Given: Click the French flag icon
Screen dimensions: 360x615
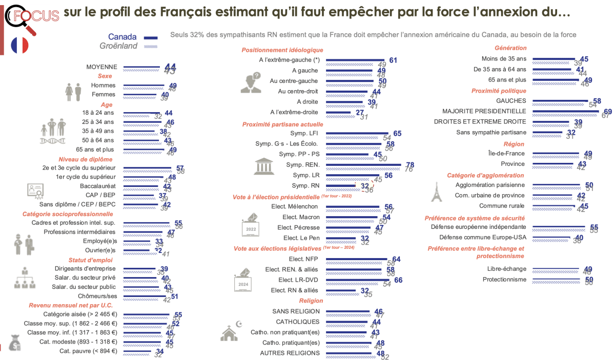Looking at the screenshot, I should pos(20,45).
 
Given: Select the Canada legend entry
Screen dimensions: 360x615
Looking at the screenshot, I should pos(122,37).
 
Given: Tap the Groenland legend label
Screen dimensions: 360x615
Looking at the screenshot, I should pos(118,46).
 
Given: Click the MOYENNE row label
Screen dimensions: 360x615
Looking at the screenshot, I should pos(102,67).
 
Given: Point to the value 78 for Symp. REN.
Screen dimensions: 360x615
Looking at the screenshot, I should pos(409,164).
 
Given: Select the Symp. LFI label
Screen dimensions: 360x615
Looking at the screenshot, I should pos(306,134).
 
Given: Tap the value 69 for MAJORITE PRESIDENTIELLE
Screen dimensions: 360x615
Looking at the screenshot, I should pos(608,111).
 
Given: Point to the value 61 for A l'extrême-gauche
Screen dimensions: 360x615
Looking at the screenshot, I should pos(393,60).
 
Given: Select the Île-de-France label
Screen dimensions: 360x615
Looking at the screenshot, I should pos(506,153).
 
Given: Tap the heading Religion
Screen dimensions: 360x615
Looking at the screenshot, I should pos(311,301).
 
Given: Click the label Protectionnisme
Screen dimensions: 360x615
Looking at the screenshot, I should pos(504,279).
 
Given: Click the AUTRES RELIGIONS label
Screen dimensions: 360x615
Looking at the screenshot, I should pos(290,353).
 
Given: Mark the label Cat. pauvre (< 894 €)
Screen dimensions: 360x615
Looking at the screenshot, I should pos(88,351).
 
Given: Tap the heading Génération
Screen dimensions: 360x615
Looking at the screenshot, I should pos(511,48).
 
